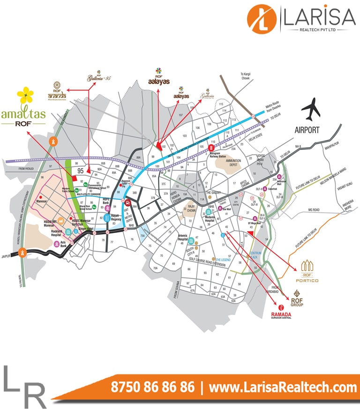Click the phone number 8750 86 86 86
[x=153, y=387]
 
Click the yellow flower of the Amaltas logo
[x=25, y=96]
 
